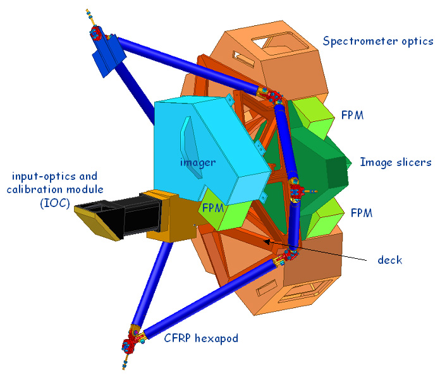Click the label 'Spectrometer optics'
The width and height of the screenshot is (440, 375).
click(x=378, y=42)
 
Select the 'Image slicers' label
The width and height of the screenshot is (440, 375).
click(x=395, y=162)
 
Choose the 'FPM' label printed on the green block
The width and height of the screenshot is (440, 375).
click(x=214, y=207)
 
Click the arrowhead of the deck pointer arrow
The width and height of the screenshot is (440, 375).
click(x=266, y=240)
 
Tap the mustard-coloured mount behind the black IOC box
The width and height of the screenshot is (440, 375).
click(x=166, y=215)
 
